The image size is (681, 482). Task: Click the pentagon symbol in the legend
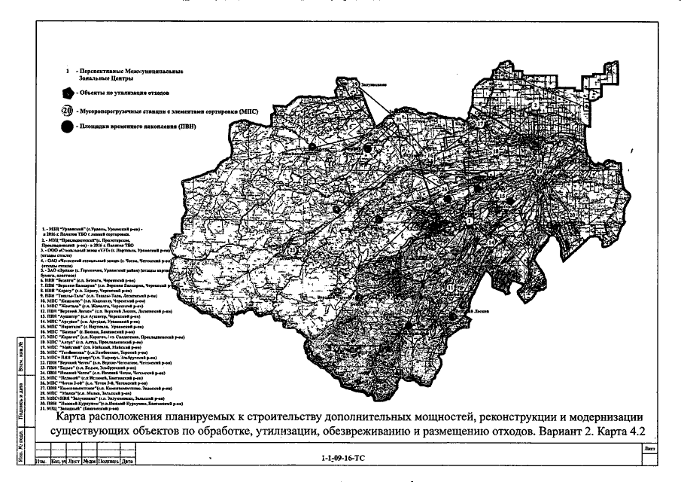point(68,92)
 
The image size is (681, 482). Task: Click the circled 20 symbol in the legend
point(68,109)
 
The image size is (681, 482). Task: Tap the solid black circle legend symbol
point(68,126)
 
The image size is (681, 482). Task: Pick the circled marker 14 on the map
point(490,243)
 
